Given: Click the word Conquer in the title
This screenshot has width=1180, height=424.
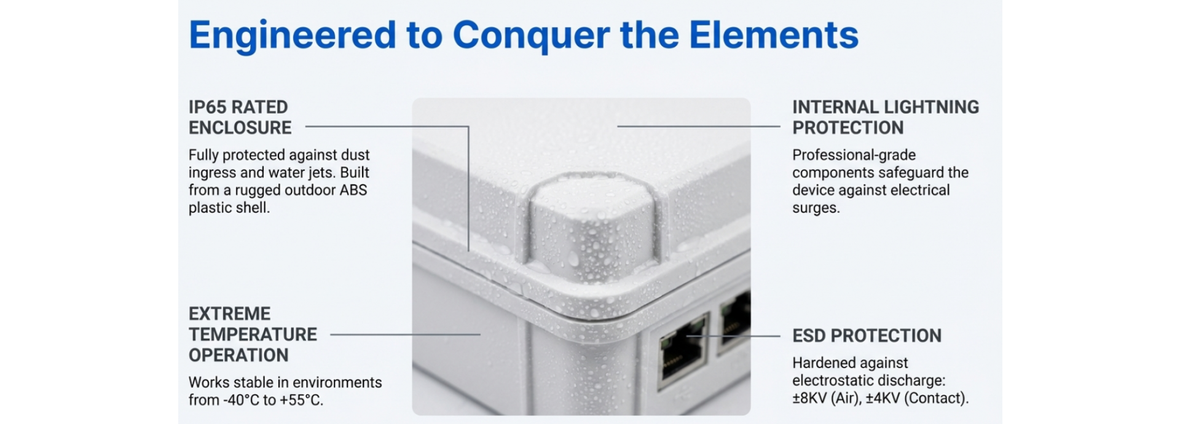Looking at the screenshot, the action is click(531, 36).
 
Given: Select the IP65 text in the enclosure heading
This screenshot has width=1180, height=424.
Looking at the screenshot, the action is click(207, 107).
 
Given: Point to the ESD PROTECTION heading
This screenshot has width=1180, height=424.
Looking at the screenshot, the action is click(867, 336).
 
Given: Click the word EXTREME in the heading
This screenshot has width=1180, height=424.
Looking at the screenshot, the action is click(229, 313).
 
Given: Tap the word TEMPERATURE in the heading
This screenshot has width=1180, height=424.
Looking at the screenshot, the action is click(253, 334).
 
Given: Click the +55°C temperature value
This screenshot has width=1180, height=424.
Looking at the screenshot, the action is click(301, 400).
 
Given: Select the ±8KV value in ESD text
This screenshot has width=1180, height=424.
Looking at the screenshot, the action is click(809, 398).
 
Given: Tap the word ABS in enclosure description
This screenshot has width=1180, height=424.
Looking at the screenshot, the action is click(353, 190).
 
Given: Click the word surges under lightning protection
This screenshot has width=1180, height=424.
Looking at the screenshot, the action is click(816, 208).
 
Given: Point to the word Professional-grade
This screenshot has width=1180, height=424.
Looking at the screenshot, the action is click(854, 155).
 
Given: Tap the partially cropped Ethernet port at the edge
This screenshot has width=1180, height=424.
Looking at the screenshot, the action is click(734, 323).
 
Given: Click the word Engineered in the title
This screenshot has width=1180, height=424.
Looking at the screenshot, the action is click(293, 36).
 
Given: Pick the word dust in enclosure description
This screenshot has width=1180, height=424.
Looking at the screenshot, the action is click(355, 155).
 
